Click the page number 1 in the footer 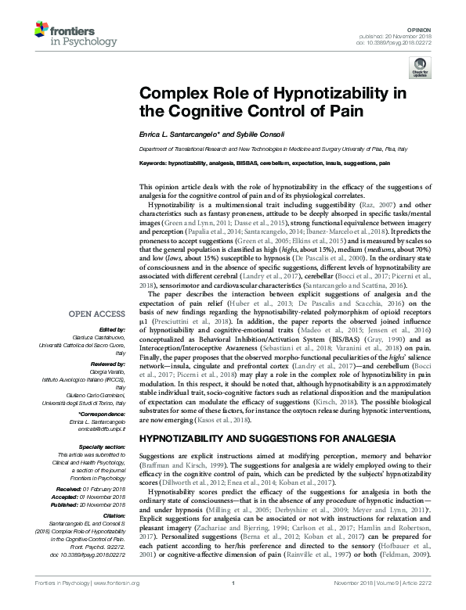pyautogui.click(x=233, y=604)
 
